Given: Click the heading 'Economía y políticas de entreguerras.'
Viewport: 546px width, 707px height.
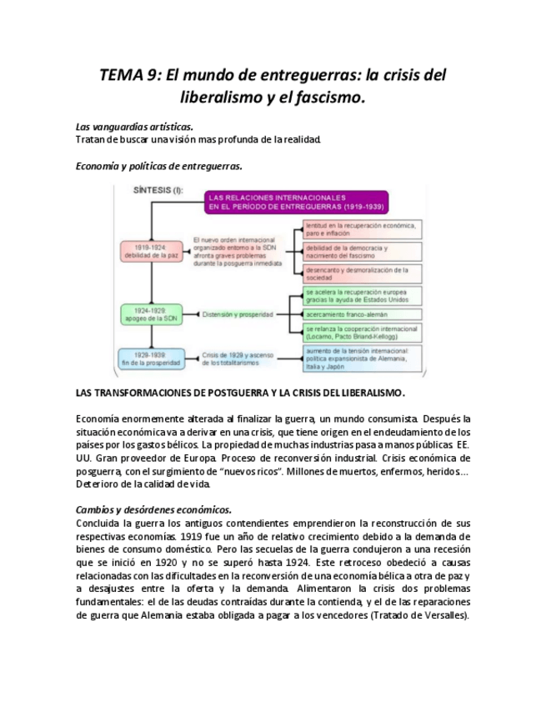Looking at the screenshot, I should coord(158,166).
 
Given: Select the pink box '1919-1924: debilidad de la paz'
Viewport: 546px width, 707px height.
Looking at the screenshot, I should coord(150,251).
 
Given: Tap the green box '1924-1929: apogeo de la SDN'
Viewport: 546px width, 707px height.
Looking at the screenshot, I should coord(150,314).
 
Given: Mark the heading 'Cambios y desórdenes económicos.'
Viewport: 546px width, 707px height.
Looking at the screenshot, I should coord(153,509).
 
